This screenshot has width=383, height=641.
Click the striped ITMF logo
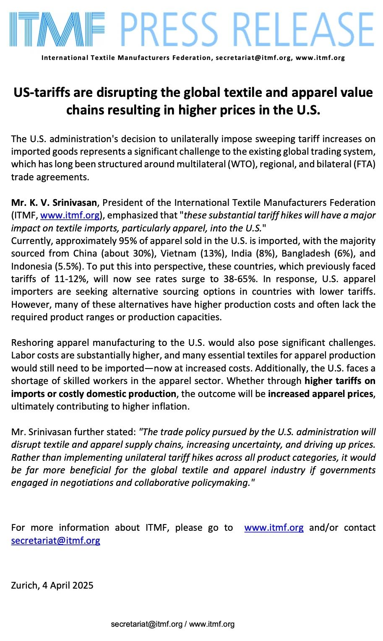tap(57, 29)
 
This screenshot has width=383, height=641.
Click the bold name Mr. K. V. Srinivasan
tap(54, 203)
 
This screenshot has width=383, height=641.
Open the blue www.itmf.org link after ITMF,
tap(70, 215)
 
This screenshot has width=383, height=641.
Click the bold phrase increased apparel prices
tap(320, 394)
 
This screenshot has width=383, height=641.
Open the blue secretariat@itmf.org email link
tap(56, 540)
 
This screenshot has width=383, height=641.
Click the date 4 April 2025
tap(68, 585)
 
